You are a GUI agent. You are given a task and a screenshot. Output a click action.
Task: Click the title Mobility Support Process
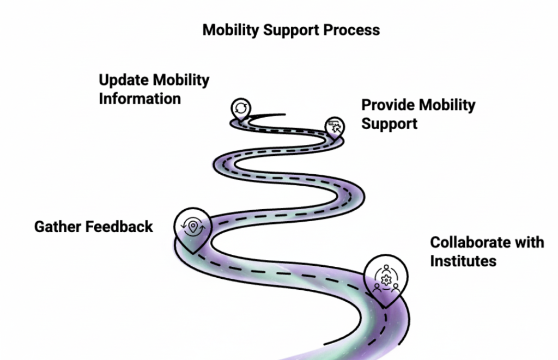291,29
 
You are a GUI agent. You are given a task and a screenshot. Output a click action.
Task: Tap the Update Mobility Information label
154,89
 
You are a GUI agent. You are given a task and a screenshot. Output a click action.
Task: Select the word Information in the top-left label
139,99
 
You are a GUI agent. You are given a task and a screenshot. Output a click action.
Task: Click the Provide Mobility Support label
418,114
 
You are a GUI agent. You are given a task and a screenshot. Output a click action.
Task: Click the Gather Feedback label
94,227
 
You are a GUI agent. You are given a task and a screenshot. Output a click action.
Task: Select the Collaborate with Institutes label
487,251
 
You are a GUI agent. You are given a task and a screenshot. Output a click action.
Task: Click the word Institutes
463,261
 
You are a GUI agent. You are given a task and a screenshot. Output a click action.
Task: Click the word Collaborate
468,242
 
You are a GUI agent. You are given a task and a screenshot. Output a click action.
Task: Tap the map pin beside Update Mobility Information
239,108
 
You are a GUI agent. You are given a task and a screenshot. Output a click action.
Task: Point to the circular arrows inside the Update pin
239,106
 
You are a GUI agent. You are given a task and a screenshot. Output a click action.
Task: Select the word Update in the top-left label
123,80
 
